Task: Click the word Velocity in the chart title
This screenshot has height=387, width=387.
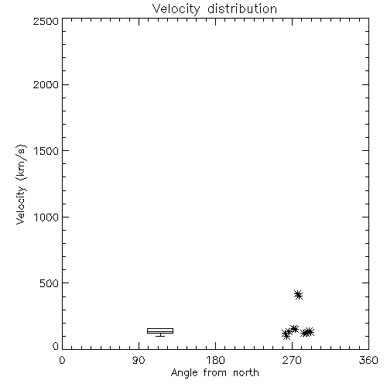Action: click(176, 9)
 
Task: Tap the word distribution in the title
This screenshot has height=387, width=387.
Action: click(242, 9)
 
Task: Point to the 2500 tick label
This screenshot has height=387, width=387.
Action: click(46, 21)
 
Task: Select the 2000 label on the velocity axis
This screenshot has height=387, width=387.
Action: click(46, 84)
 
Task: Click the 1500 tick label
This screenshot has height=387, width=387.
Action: click(46, 151)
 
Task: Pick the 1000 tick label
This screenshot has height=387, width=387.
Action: click(46, 217)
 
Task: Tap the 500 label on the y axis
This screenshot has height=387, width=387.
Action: click(49, 283)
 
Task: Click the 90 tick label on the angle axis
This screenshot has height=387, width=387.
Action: click(139, 360)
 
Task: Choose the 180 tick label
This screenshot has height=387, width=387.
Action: click(215, 360)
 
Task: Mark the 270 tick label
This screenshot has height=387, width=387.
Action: click(292, 360)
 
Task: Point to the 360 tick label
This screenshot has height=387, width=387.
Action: click(368, 360)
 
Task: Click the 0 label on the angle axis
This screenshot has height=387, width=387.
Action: click(62, 360)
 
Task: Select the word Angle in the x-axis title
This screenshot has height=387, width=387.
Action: click(184, 373)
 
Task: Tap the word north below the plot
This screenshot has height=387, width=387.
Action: click(246, 373)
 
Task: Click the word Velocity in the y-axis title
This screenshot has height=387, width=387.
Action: click(21, 205)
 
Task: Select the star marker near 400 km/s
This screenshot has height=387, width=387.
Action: click(298, 295)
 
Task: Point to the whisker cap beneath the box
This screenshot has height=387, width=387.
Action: click(160, 336)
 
